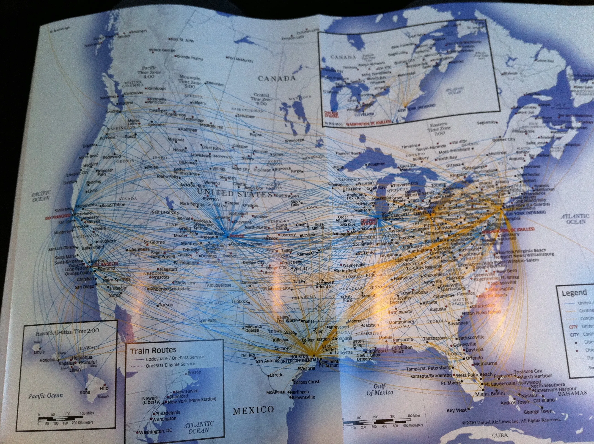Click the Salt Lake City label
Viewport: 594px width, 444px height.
pyautogui.click(x=165, y=212)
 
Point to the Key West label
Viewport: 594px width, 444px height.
pyautogui.click(x=456, y=411)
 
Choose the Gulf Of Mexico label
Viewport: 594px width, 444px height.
pyautogui.click(x=379, y=389)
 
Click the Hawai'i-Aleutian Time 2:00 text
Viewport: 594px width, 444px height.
pyautogui.click(x=67, y=332)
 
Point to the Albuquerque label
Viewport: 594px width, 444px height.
pyautogui.click(x=219, y=285)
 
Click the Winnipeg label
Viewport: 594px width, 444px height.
pyautogui.click(x=293, y=141)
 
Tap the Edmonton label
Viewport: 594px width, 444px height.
pyautogui.click(x=215, y=84)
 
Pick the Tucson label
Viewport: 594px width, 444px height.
pyautogui.click(x=166, y=305)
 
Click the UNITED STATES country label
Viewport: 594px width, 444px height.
pyautogui.click(x=234, y=194)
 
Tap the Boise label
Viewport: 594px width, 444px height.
pyautogui.click(x=152, y=167)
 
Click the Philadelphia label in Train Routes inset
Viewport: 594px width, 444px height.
pyautogui.click(x=168, y=412)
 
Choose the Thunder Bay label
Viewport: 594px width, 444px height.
pyautogui.click(x=346, y=153)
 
